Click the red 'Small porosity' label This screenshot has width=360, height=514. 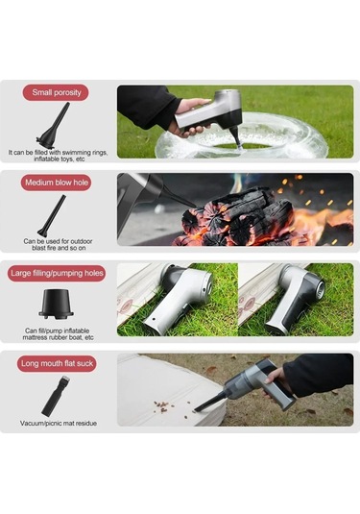point(56,92)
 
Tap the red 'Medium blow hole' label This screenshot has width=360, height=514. point(57,183)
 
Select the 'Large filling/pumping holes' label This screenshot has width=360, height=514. point(57,274)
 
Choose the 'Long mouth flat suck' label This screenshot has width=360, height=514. point(57,363)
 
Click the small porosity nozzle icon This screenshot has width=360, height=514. point(54,126)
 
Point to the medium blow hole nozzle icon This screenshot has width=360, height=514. point(52,216)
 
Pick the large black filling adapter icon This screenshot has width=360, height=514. point(57,305)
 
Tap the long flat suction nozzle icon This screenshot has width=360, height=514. point(56,396)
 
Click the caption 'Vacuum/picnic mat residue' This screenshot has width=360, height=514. point(59,423)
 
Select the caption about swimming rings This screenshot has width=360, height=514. point(58,156)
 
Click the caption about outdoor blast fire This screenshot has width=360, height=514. point(58,245)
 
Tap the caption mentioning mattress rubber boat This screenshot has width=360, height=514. point(58,334)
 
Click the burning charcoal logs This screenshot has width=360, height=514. point(237,217)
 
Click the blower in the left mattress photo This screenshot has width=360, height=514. point(179,298)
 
